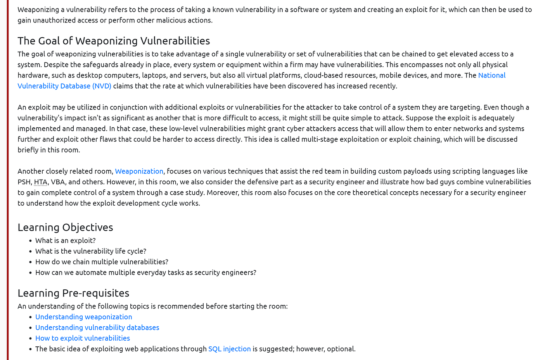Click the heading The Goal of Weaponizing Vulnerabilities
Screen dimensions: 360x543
114,41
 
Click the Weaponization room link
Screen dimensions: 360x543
139,171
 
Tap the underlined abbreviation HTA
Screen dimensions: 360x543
40,182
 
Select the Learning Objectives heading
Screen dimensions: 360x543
65,227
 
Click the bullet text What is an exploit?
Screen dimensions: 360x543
65,241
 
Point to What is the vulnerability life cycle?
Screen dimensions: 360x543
91,251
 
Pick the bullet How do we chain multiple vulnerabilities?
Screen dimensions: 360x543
102,262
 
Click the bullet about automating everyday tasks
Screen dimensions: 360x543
145,272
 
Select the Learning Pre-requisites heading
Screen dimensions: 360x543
73,293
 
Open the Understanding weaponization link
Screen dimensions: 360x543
83,317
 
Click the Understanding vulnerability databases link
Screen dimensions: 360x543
97,327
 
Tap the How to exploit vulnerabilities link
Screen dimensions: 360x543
82,338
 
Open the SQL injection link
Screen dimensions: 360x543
229,349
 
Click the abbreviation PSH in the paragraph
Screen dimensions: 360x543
24,182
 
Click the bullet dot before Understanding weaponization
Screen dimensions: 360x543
30,317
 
